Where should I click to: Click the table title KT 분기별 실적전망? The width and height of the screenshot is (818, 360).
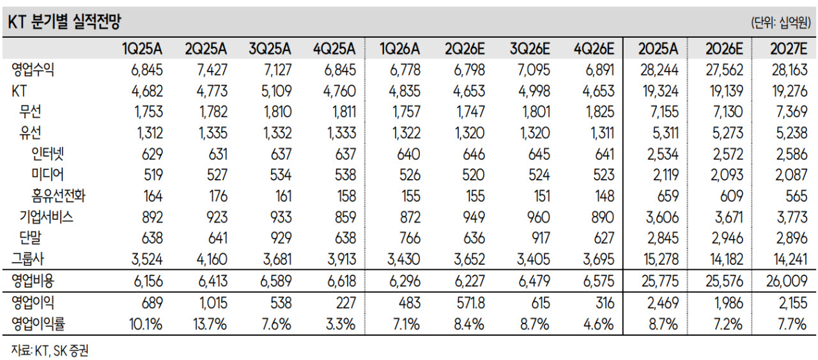pos(65,22)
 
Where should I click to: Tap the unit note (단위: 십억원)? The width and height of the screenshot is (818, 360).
pos(781,22)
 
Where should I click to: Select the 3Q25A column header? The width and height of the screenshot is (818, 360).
pos(270,49)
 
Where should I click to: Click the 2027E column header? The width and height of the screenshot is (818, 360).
pos(789,49)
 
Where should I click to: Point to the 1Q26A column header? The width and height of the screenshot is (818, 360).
pos(399,49)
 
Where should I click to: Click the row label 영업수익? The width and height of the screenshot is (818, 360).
pos(33,70)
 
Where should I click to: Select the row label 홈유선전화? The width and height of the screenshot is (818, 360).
pos(58,196)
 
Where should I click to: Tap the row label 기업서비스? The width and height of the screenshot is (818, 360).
pos(47,217)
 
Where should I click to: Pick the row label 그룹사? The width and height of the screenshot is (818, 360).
pos(27,259)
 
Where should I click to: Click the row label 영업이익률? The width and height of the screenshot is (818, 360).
pos(38,324)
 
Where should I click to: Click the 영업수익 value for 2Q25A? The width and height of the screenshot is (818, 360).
pos(212,70)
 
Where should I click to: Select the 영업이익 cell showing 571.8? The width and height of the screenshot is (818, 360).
pos(471,303)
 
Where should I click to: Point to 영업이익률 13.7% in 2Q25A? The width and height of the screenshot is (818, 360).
pos(210,324)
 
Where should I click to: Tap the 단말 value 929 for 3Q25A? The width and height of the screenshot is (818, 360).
pos(281,239)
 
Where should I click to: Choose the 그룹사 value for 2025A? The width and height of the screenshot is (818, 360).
pos(661,260)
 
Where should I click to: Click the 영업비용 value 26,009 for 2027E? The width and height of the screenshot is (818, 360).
pos(787,281)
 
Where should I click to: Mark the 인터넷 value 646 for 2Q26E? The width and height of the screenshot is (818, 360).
pos(474,154)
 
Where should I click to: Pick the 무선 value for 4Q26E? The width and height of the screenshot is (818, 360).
pos(600,112)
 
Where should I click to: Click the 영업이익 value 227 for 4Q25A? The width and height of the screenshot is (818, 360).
pos(346,303)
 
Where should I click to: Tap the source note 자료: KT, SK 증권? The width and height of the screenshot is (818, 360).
pos(50,351)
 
